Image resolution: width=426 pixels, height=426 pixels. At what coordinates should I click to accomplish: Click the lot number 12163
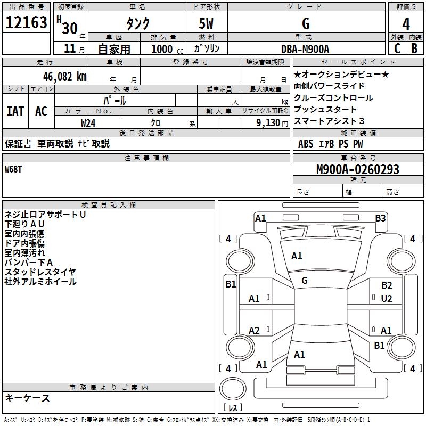click(x=27, y=23)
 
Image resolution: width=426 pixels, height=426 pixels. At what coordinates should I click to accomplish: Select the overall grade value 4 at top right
click(x=406, y=24)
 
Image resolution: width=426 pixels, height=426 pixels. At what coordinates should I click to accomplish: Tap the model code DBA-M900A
click(x=305, y=49)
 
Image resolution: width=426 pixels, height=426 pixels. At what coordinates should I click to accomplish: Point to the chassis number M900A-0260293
click(x=358, y=170)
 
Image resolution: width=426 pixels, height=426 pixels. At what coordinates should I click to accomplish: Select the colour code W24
click(x=88, y=122)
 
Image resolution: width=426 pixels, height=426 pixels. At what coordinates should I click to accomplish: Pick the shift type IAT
click(x=15, y=111)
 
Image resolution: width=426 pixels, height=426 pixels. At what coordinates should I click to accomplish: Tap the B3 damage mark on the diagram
click(x=380, y=218)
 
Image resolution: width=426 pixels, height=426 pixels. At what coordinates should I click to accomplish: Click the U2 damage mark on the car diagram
click(x=387, y=298)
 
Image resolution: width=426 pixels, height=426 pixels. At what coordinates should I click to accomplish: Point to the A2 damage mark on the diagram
click(x=255, y=331)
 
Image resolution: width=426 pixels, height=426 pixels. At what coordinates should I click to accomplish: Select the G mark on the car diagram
click(x=305, y=280)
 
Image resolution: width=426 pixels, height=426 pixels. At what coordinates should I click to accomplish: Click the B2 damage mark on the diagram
click(x=387, y=285)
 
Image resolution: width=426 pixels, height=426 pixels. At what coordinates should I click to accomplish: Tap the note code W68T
click(x=14, y=169)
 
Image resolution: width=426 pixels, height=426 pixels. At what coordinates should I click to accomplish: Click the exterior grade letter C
click(x=397, y=48)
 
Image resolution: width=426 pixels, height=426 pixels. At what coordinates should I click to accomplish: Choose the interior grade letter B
click(x=414, y=48)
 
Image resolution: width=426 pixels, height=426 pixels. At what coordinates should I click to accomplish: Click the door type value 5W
click(x=207, y=24)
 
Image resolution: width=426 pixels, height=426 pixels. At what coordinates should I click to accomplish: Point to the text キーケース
click(x=27, y=398)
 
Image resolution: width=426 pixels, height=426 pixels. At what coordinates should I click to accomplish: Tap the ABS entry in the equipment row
click(x=306, y=144)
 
